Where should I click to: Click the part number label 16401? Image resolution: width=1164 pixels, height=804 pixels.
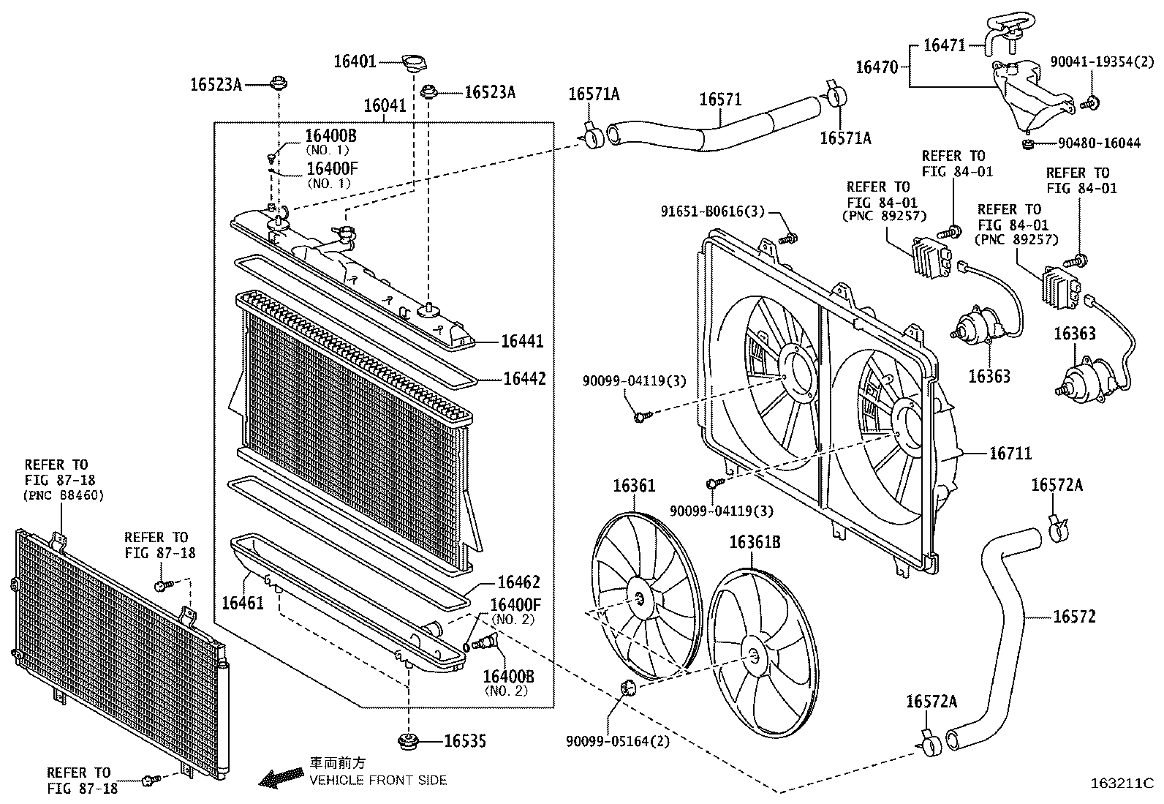pyautogui.click(x=355, y=61)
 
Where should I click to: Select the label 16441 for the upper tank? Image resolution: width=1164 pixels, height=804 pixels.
pyautogui.click(x=523, y=342)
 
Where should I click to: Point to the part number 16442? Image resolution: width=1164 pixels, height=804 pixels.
pyautogui.click(x=524, y=379)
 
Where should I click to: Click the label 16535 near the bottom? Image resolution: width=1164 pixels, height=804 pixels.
pyautogui.click(x=465, y=741)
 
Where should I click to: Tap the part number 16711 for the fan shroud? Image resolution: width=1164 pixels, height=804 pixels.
pyautogui.click(x=1010, y=454)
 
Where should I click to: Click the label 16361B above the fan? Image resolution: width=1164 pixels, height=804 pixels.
pyautogui.click(x=755, y=542)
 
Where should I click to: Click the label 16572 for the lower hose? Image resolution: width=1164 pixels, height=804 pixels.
pyautogui.click(x=1075, y=617)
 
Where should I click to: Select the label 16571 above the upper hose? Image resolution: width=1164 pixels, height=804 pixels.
pyautogui.click(x=720, y=99)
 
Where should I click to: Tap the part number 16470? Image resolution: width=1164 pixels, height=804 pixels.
pyautogui.click(x=877, y=67)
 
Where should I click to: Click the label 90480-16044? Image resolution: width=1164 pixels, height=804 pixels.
pyautogui.click(x=1097, y=143)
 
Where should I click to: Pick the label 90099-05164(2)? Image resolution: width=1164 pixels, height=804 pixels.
pyautogui.click(x=618, y=741)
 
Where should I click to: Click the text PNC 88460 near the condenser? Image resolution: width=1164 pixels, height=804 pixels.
pyautogui.click(x=64, y=495)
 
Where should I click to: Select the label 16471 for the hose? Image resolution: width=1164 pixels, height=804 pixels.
pyautogui.click(x=945, y=45)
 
